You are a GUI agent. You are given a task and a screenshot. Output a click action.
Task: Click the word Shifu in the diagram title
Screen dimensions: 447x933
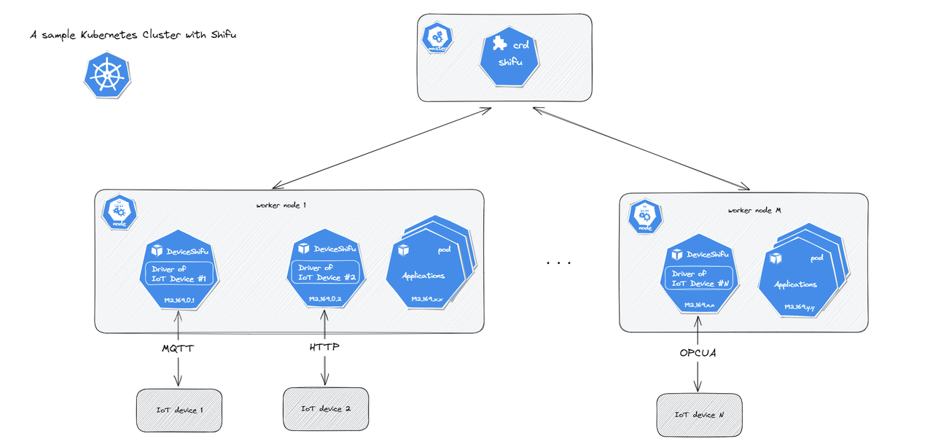click(x=223, y=34)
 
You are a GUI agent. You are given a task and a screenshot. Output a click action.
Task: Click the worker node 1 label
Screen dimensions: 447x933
click(x=281, y=206)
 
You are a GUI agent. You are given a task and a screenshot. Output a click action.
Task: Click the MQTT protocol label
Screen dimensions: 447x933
click(x=177, y=349)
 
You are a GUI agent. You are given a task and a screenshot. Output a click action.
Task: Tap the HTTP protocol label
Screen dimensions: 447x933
click(x=324, y=348)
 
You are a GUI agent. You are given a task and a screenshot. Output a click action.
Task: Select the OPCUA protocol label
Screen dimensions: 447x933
click(x=698, y=353)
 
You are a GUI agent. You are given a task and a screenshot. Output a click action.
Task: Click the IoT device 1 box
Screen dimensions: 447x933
click(x=179, y=410)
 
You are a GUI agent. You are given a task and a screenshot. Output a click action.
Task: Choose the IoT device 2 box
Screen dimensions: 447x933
click(x=325, y=408)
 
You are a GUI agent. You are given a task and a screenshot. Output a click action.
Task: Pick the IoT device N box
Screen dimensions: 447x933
click(x=699, y=415)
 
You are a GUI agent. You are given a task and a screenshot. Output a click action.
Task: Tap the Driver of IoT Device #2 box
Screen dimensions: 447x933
click(x=326, y=273)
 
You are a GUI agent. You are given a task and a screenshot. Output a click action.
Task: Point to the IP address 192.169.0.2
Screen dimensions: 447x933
click(x=325, y=299)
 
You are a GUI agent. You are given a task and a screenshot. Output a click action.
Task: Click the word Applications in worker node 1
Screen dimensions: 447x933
click(x=423, y=276)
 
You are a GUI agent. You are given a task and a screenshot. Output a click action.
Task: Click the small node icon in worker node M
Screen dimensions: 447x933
click(x=644, y=217)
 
